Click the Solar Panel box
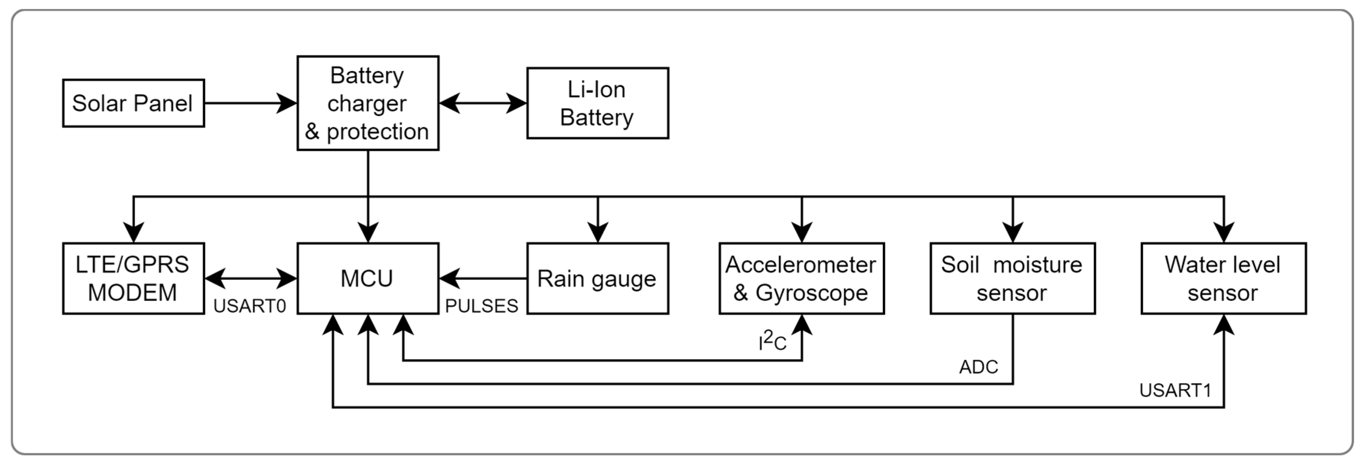[x=133, y=103]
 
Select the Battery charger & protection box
[x=368, y=103]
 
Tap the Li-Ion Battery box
[x=597, y=103]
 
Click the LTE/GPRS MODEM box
[x=133, y=278]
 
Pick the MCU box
[x=368, y=278]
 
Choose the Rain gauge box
[x=597, y=278]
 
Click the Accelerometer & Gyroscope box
[x=801, y=278]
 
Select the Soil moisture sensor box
[x=1012, y=278]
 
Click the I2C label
[x=772, y=341]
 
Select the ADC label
[x=978, y=367]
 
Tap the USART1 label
[x=1175, y=390]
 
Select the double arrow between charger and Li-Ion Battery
[x=482, y=103]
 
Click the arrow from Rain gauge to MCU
[x=482, y=278]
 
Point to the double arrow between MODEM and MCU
[x=250, y=278]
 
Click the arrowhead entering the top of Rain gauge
[x=598, y=232]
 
